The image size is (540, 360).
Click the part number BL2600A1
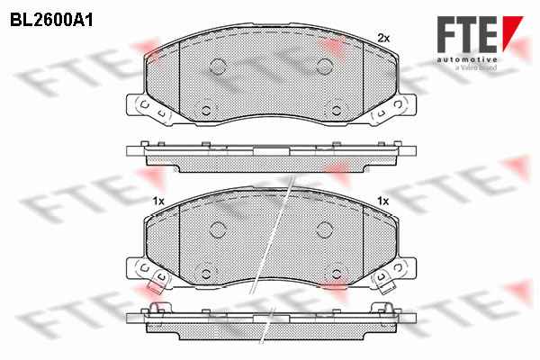[x=51, y=21]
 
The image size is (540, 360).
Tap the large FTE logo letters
[x=467, y=34]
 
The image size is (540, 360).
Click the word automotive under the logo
[x=467, y=60]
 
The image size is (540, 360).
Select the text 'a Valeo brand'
[x=476, y=67]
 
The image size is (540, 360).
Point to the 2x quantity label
[x=383, y=38]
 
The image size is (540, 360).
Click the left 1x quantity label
[x=158, y=202]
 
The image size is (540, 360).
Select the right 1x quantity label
[x=383, y=201]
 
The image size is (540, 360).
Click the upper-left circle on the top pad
[x=218, y=66]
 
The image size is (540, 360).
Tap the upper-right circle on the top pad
[x=324, y=66]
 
